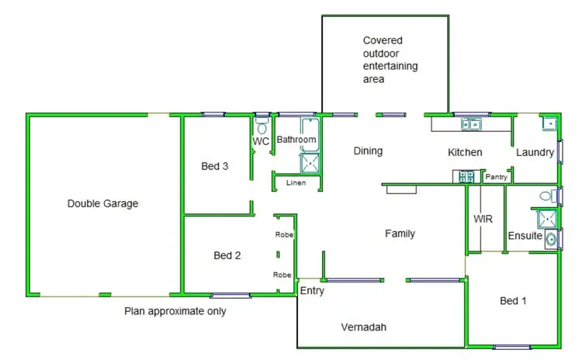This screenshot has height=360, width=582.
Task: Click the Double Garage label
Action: click(102, 204)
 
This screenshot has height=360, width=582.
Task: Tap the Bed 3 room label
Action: click(214, 165)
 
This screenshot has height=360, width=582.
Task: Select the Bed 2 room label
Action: click(228, 255)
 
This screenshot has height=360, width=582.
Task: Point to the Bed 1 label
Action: click(513, 300)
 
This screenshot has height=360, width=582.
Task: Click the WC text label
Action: click(261, 142)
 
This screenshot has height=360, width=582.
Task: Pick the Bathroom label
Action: click(297, 140)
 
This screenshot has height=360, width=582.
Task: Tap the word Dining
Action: click(368, 151)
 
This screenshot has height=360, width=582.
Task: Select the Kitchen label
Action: click(465, 152)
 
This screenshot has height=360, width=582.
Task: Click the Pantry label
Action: click(495, 177)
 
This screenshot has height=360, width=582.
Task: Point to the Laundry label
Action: click(535, 152)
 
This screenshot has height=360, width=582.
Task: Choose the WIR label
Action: click(483, 220)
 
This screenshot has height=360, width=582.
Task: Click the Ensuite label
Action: click(525, 236)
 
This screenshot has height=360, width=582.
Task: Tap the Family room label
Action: click(400, 234)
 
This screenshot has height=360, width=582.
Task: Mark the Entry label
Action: click(312, 292)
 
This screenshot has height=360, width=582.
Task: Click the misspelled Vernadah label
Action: click(363, 327)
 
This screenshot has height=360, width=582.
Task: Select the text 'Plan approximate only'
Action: click(175, 312)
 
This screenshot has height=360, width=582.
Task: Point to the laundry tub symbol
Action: click(549, 123)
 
